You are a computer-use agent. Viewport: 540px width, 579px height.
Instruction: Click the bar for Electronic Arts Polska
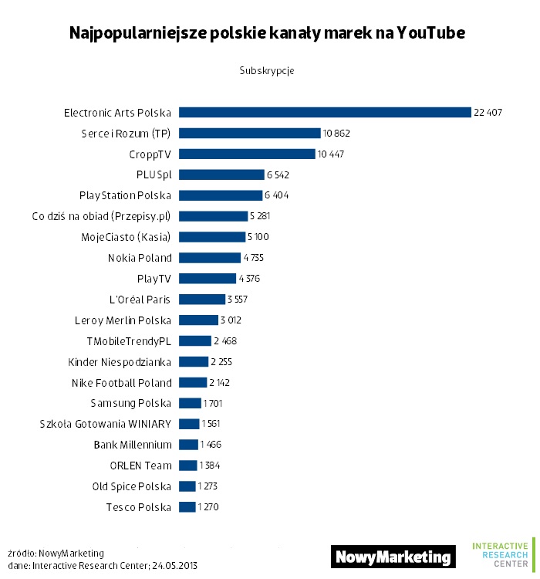tap(325, 112)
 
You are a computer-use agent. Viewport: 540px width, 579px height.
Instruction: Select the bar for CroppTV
tap(247, 154)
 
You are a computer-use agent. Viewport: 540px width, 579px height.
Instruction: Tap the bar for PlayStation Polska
tap(221, 195)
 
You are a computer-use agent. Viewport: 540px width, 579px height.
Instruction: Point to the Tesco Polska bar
tap(187, 507)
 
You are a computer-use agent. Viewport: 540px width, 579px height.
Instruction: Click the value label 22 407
tap(488, 112)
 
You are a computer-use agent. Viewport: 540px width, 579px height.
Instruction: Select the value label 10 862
tap(338, 133)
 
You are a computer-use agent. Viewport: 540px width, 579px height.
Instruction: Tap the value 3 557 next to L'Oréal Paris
tap(237, 299)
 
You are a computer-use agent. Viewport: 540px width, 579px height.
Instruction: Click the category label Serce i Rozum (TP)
tap(126, 133)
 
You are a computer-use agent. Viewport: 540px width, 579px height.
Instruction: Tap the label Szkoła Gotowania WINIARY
tap(106, 424)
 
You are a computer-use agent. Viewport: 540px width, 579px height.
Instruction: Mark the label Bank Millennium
tap(133, 445)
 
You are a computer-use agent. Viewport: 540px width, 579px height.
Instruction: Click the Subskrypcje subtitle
tap(267, 70)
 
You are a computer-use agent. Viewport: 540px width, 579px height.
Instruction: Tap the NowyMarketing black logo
tap(393, 557)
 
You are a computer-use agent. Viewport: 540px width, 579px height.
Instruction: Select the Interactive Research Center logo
tap(501, 554)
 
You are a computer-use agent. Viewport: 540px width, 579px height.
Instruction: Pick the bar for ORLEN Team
tap(187, 466)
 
